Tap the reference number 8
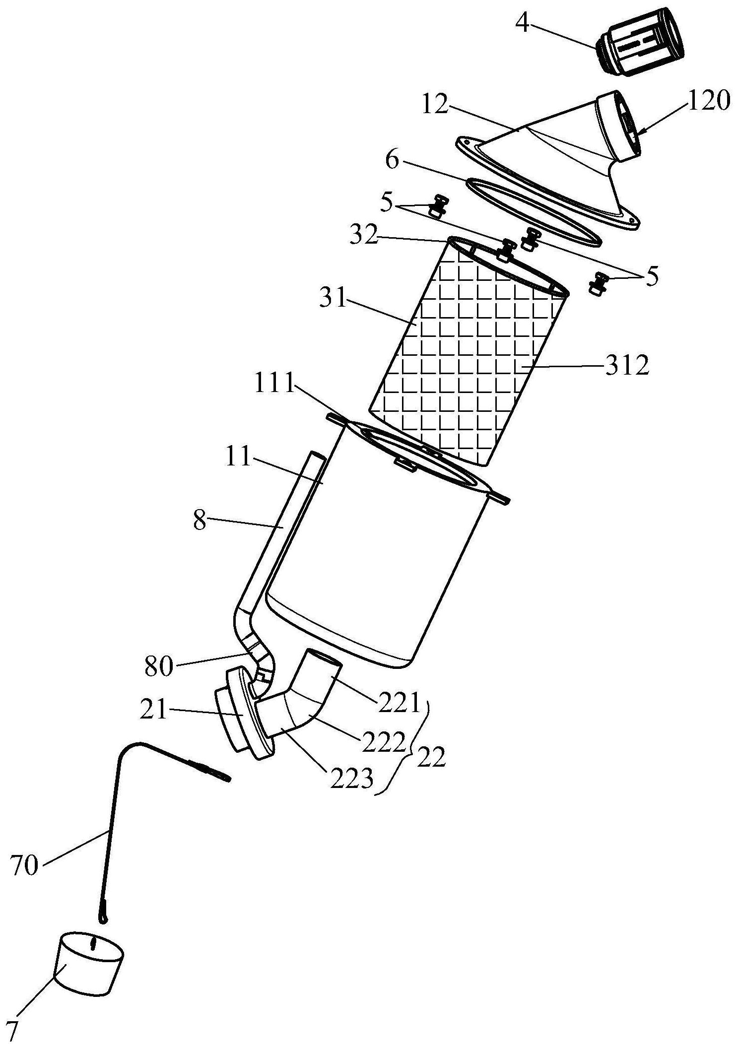tap(200, 522)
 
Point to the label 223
tap(352, 780)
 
